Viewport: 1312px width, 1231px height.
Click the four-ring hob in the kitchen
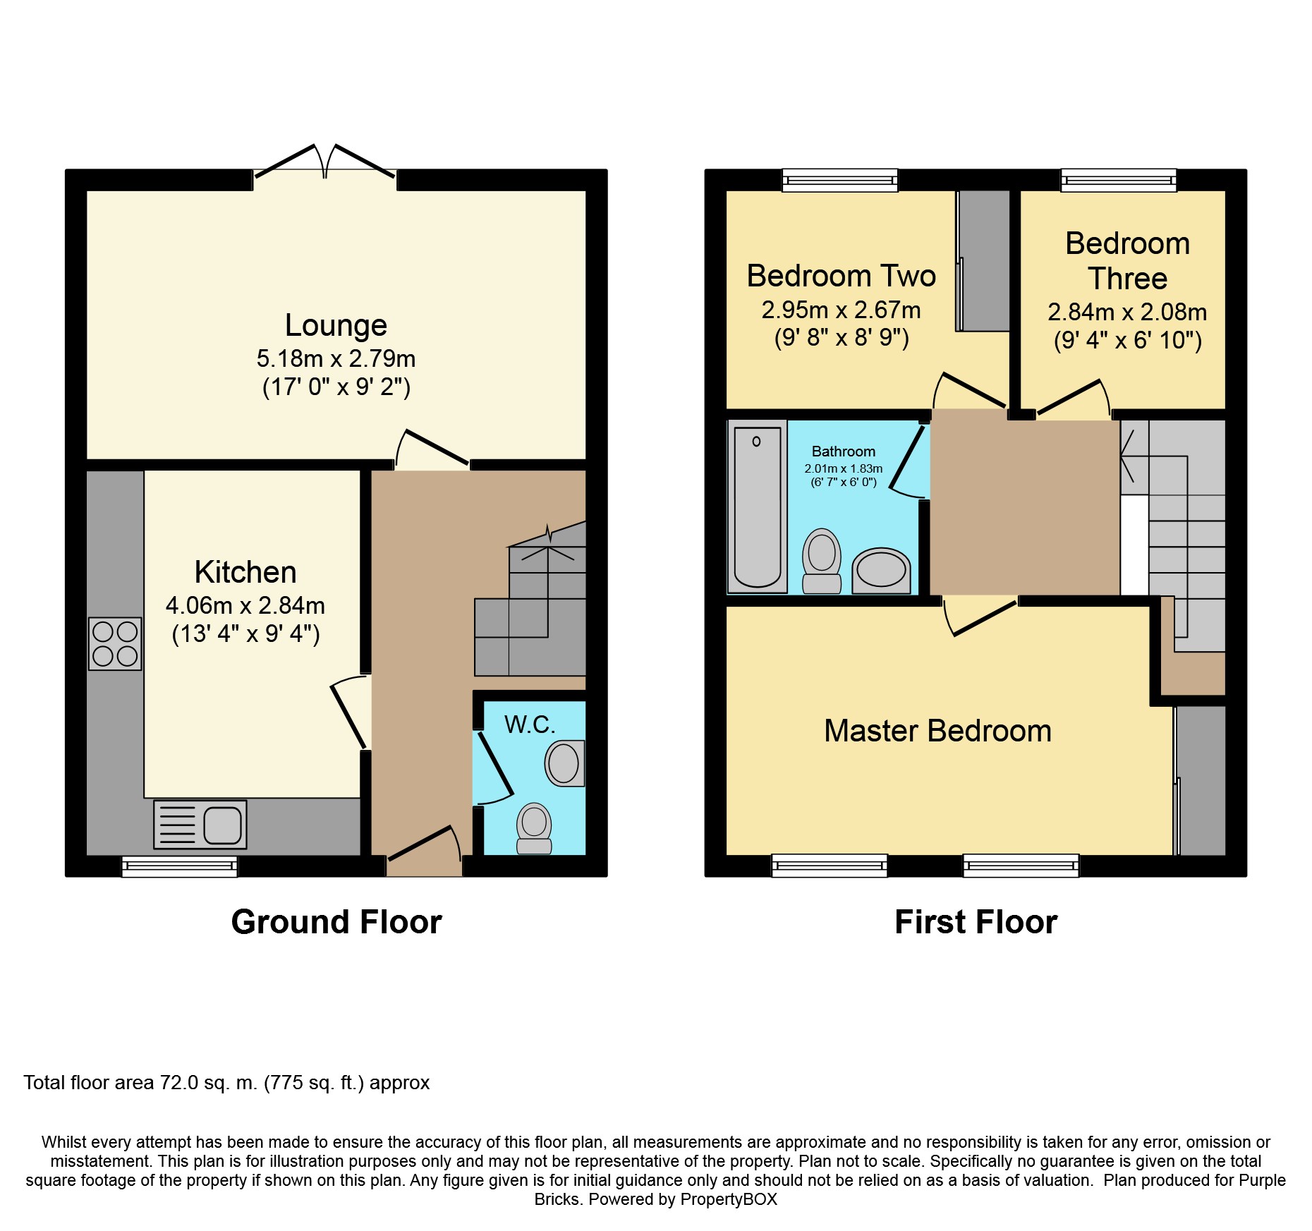click(115, 643)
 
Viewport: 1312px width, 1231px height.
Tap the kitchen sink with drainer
click(200, 824)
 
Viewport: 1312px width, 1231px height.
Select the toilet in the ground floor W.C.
click(534, 828)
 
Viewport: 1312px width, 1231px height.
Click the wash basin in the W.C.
click(565, 763)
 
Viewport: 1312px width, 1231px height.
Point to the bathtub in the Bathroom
click(758, 507)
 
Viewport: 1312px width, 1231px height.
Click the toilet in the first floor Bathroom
click(822, 561)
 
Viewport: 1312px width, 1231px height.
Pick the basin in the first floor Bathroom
click(881, 571)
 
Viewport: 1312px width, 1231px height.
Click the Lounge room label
click(336, 325)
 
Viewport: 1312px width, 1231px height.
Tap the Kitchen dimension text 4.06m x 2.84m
click(245, 606)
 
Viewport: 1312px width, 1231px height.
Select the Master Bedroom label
click(937, 731)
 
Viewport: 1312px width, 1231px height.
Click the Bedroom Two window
click(840, 181)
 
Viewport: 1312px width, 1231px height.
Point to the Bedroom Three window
click(1119, 181)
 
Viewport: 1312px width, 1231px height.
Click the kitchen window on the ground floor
click(180, 866)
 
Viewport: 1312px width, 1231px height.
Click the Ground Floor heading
click(336, 922)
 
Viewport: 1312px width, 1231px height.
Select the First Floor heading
click(976, 922)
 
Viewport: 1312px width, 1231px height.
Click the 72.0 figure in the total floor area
click(179, 1083)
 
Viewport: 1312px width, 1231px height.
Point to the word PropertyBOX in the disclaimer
click(729, 1199)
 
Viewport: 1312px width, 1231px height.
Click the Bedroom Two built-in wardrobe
click(983, 260)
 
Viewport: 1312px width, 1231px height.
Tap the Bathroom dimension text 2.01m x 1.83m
click(843, 468)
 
